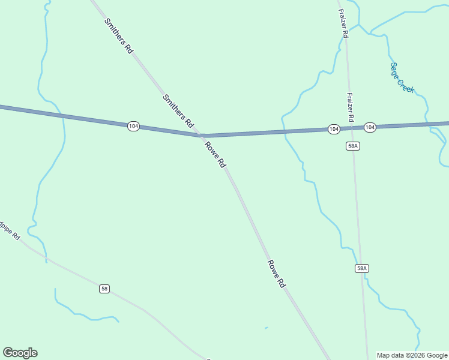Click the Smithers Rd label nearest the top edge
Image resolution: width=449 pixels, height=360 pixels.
click(118, 36)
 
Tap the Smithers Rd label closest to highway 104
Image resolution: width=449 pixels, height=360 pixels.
click(178, 112)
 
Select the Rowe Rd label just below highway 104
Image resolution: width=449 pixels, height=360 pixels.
click(215, 155)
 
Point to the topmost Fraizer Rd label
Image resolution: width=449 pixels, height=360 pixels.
click(343, 23)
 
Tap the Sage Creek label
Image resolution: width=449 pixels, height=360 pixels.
click(402, 77)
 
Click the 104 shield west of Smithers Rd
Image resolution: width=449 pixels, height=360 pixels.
click(133, 126)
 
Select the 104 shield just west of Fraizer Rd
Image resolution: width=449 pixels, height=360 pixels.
click(334, 129)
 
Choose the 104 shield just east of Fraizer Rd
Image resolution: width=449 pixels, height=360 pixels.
click(370, 127)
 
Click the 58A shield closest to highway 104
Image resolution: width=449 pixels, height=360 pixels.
click(353, 146)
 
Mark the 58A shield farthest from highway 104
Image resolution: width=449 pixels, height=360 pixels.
click(361, 268)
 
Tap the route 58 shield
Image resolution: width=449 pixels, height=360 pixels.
click(104, 289)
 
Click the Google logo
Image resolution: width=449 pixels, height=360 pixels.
click(20, 353)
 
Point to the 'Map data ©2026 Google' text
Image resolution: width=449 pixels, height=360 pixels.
click(412, 355)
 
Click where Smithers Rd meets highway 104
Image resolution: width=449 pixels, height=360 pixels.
click(202, 136)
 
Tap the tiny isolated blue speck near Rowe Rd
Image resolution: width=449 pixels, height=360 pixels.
click(266, 328)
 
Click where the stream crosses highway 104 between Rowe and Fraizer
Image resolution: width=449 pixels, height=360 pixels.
click(284, 132)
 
